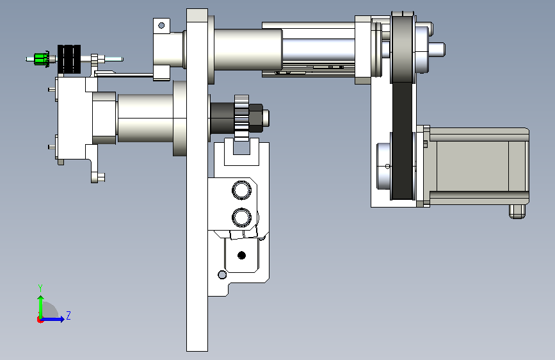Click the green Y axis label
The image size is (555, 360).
(40, 288)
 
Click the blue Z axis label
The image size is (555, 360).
(68, 315)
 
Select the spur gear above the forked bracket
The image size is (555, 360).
(242, 118)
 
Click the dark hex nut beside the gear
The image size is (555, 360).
(256, 118)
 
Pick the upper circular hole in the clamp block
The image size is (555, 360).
(242, 190)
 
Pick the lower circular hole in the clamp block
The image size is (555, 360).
(242, 217)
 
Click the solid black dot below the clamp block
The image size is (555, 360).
(242, 255)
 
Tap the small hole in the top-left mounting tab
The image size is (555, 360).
(161, 26)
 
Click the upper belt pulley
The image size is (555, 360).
(403, 49)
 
